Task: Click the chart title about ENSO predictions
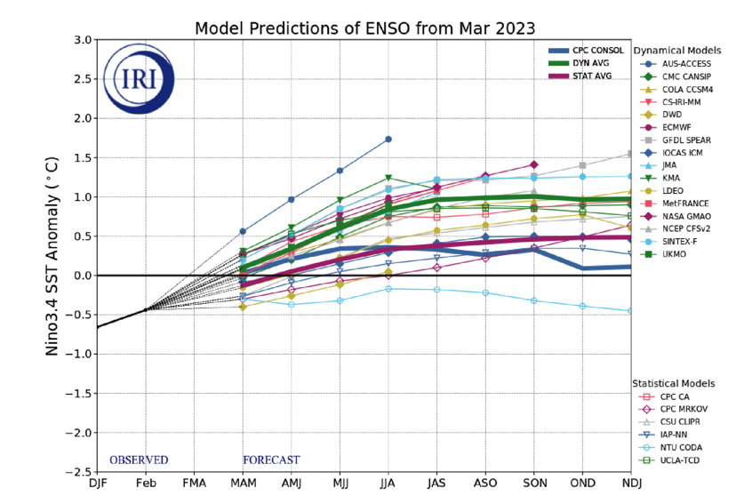(x=364, y=28)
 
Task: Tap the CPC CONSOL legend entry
(x=595, y=51)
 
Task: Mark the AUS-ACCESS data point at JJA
(x=388, y=140)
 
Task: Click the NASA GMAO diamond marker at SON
(x=533, y=164)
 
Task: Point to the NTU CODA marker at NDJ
(x=630, y=310)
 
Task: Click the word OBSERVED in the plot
(x=139, y=460)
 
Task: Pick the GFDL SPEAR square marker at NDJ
(x=630, y=153)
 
